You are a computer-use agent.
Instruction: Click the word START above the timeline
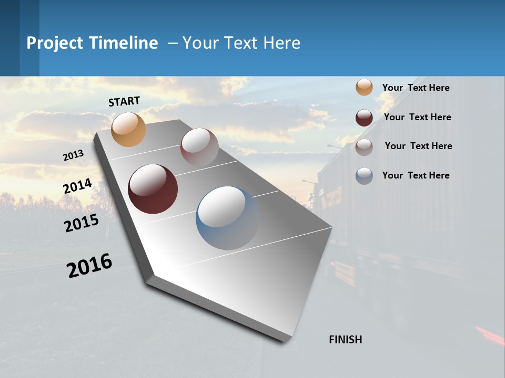124,101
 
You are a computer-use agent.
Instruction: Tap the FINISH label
346,340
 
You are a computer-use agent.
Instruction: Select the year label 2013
73,155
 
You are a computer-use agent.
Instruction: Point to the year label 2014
77,186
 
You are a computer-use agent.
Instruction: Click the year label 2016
89,266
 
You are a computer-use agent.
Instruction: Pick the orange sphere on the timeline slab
128,129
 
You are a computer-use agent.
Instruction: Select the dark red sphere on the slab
153,189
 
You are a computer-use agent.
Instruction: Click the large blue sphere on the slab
227,218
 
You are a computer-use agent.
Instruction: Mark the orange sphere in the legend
364,87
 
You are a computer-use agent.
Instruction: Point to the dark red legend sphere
364,118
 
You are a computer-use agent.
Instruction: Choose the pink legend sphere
364,147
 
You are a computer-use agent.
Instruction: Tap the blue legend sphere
364,176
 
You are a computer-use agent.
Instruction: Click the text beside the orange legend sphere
416,88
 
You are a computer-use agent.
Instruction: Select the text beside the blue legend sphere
416,175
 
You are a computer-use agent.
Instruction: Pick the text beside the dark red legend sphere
417,117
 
